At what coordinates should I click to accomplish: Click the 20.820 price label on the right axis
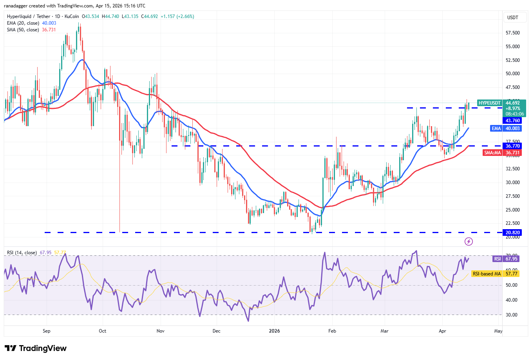click(x=512, y=233)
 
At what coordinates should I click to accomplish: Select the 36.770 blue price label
click(x=512, y=146)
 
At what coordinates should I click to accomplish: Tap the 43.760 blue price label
click(x=512, y=121)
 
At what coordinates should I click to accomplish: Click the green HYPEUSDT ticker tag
click(x=489, y=103)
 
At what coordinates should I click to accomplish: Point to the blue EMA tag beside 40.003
click(x=496, y=128)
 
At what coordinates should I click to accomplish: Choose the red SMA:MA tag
click(x=492, y=153)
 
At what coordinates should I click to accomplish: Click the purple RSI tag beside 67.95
click(x=497, y=259)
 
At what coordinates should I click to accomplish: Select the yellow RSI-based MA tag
click(x=487, y=274)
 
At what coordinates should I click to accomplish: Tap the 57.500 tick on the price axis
click(x=512, y=33)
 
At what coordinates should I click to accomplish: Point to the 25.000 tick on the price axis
click(x=512, y=210)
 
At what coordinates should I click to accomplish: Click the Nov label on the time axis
click(x=160, y=331)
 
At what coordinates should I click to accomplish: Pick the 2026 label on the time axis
click(x=274, y=331)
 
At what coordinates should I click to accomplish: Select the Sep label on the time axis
click(x=46, y=331)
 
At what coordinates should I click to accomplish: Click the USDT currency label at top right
click(x=512, y=18)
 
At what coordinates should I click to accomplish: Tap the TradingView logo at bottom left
click(x=36, y=348)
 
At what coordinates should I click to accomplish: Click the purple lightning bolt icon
click(x=469, y=242)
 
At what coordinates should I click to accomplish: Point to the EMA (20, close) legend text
click(x=23, y=23)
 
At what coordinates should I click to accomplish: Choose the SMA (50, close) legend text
click(x=23, y=30)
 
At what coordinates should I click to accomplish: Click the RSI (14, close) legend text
click(x=22, y=253)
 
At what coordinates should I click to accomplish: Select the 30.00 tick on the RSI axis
click(x=511, y=315)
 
